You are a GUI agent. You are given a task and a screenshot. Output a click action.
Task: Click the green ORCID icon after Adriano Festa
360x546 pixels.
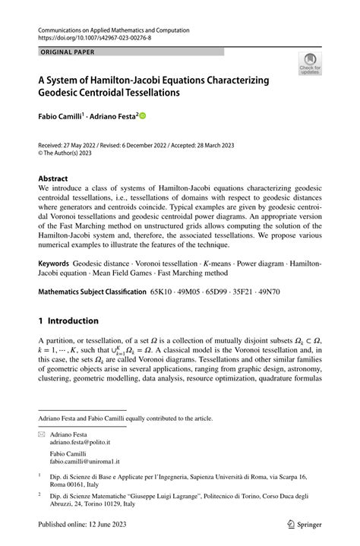pyautogui.click(x=141, y=117)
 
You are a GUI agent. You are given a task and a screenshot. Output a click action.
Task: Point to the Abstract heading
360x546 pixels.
pyautogui.click(x=57, y=179)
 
